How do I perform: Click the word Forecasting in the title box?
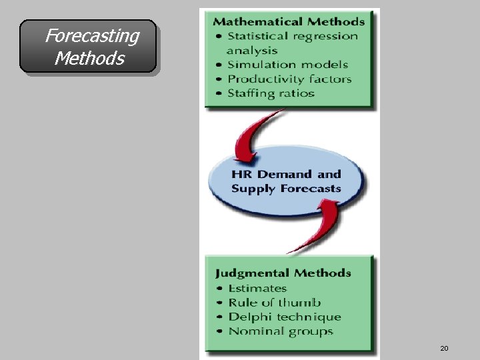[92, 35]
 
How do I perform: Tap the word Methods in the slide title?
[89, 59]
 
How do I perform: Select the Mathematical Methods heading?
[289, 22]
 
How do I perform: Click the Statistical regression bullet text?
[293, 36]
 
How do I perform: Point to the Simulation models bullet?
[287, 65]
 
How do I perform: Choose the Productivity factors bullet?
[289, 79]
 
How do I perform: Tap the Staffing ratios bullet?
[271, 93]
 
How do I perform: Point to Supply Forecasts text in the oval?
[286, 189]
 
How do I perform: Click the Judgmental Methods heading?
[283, 273]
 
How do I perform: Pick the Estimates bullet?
[257, 288]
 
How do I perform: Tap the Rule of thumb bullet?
[274, 303]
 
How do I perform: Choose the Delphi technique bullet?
[285, 317]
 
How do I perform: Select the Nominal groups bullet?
[281, 331]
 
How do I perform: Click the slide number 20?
[444, 348]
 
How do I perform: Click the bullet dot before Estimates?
[219, 289]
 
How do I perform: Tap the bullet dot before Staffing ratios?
[217, 93]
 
